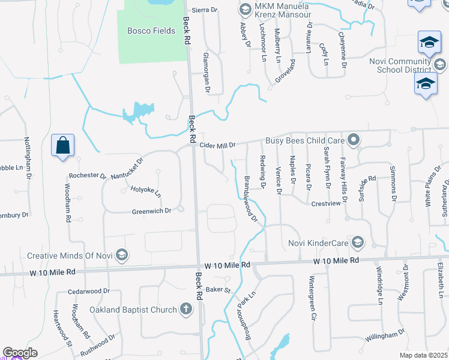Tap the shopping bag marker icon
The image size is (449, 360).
(62, 145)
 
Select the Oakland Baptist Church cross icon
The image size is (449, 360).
(187, 309)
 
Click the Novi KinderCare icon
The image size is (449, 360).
(358, 242)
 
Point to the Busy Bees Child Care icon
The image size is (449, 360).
(354, 140)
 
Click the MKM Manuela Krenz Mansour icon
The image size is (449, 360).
(244, 9)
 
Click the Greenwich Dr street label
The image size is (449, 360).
(152, 211)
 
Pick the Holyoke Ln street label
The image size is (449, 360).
(146, 192)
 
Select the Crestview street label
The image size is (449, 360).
(326, 203)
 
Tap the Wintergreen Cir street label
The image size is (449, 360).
(312, 299)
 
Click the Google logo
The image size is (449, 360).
(20, 353)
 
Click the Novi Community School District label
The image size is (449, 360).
(401, 65)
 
